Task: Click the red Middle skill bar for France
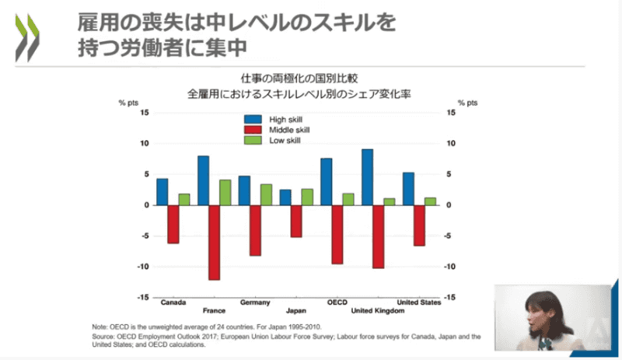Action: [x=214, y=242]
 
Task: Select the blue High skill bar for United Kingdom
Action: [x=367, y=177]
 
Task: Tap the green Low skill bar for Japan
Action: [x=306, y=197]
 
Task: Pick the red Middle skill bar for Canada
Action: [x=173, y=224]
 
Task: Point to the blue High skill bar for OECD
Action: [x=326, y=182]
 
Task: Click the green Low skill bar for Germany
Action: [x=265, y=194]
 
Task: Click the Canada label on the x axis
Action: [x=173, y=302]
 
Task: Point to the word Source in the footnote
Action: [x=104, y=336]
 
